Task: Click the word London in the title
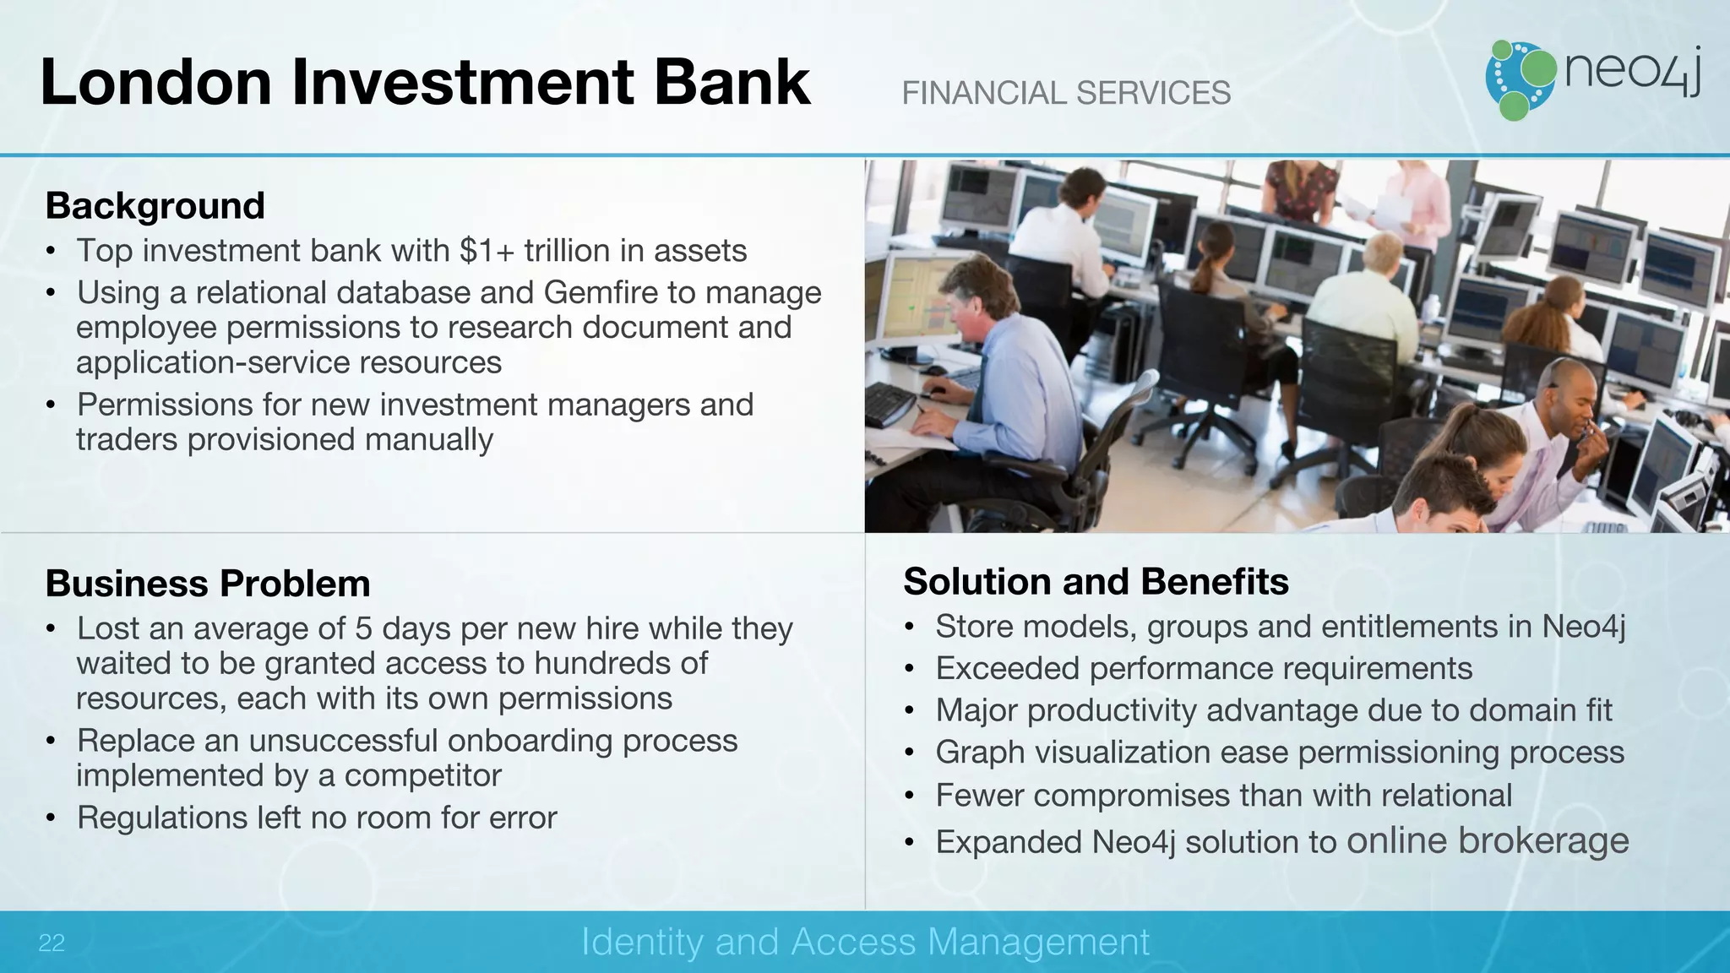(x=155, y=82)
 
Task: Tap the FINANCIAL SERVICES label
(x=1066, y=93)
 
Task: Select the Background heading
(x=155, y=205)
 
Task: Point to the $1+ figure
(x=487, y=251)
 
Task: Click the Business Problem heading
(x=208, y=583)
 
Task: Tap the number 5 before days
(x=363, y=628)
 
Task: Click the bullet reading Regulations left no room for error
(x=317, y=818)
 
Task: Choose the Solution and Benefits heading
(x=1096, y=581)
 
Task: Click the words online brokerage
(x=1487, y=840)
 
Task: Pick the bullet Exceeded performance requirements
(x=1204, y=668)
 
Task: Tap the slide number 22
(x=52, y=943)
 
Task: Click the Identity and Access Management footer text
(x=865, y=942)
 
